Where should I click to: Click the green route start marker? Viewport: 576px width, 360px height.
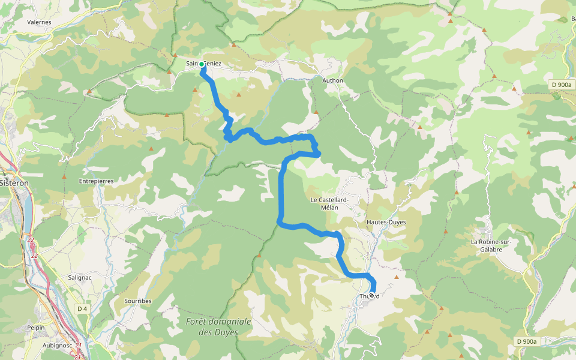(202, 64)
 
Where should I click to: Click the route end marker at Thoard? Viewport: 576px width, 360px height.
(371, 295)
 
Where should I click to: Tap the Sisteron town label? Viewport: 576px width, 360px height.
(13, 183)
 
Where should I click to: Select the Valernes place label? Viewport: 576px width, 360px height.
(39, 22)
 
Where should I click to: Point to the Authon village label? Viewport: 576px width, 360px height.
(332, 80)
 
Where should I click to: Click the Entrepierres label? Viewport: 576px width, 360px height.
(96, 181)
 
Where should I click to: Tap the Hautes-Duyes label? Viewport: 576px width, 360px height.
(386, 222)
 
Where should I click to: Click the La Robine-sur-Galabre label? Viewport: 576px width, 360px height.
(494, 247)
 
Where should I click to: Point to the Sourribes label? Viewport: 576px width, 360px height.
(138, 301)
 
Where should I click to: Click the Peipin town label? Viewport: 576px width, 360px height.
(36, 328)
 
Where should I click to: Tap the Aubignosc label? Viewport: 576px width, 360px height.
(58, 346)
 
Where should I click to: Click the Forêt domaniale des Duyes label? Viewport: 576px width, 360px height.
(218, 326)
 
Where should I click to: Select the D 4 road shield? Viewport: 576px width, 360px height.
(82, 308)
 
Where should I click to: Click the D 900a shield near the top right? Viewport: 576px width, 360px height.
(560, 85)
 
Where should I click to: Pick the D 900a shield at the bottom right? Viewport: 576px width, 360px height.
(526, 341)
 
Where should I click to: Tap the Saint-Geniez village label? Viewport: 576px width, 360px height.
(204, 64)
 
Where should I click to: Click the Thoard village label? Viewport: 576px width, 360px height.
(370, 296)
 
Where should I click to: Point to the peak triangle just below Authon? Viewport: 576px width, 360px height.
(316, 112)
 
